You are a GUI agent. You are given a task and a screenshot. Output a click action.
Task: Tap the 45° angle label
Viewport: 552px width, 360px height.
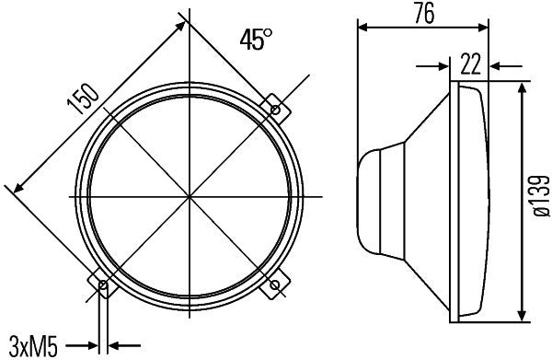click(256, 40)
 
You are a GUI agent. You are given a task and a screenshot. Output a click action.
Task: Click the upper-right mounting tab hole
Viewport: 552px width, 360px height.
click(275, 110)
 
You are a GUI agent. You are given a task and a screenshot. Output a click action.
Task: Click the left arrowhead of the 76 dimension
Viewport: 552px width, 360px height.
click(362, 27)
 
